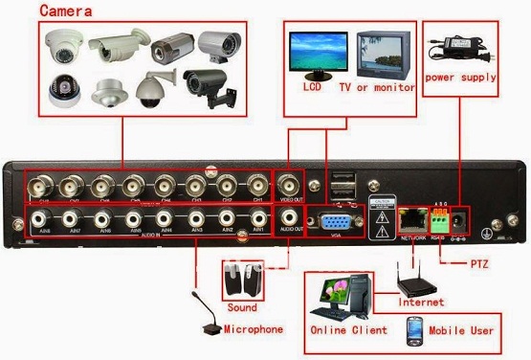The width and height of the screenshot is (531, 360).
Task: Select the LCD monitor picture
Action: tap(321, 55)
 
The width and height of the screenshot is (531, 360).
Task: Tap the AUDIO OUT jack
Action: tap(288, 219)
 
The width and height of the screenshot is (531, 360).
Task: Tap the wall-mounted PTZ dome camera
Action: tap(153, 88)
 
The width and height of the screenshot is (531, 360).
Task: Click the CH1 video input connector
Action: tap(255, 184)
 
